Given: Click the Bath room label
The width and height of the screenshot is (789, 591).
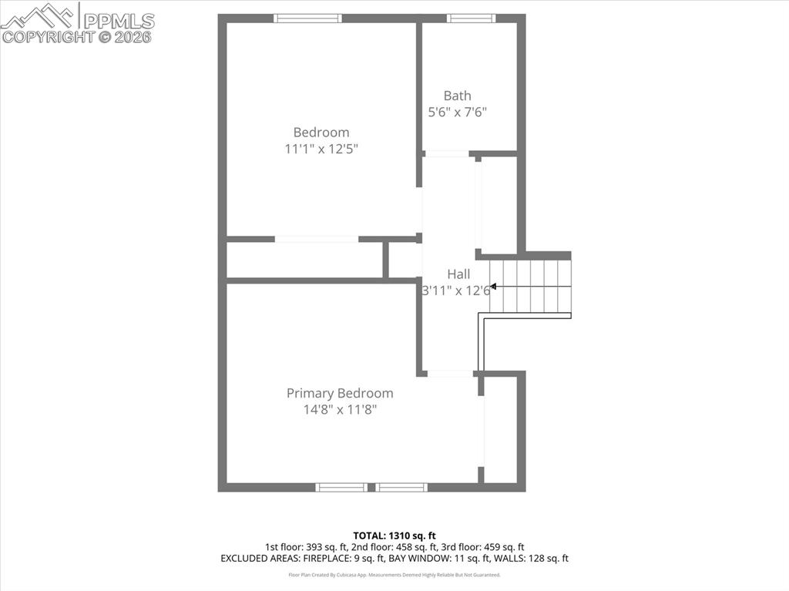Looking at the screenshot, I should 457,96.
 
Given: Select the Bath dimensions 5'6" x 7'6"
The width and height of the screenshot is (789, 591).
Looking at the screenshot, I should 457,112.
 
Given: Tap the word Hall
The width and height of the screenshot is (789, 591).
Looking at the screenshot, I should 458,274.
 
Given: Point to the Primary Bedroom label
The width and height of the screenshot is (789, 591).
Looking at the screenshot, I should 340,393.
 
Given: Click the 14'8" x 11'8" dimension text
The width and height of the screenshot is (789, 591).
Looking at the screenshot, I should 340,410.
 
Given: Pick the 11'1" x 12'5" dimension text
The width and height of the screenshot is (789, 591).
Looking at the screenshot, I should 321,149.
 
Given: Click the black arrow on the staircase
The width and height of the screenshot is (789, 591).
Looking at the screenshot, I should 493,287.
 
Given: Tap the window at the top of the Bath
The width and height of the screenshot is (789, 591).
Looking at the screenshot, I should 471,18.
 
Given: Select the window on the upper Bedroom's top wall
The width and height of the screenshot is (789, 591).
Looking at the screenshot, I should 308,18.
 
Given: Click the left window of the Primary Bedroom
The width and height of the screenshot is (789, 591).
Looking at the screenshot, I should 341,487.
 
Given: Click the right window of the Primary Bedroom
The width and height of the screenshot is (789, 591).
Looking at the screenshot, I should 401,487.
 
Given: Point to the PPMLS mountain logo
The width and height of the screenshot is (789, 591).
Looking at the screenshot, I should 39,15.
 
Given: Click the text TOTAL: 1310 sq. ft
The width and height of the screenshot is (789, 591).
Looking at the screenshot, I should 394,535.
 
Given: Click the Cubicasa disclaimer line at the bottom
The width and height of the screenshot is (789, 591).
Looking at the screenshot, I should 394,575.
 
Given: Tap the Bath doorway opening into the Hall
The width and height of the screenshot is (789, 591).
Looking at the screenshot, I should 447,154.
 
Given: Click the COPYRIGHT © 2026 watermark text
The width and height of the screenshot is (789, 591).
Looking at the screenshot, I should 77,36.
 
